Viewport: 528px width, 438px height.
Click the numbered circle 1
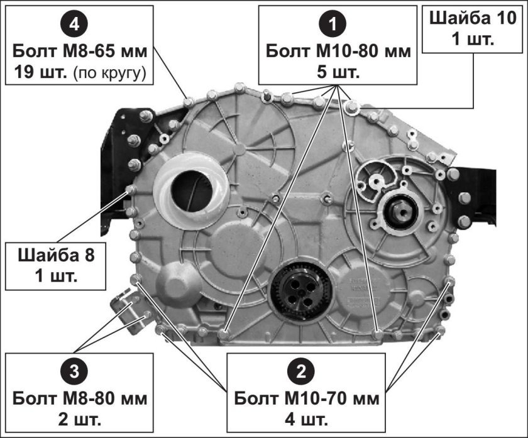click(333, 25)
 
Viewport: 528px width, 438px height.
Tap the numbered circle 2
click(301, 372)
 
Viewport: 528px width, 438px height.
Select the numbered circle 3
click(74, 372)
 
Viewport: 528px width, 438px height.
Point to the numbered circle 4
click(74, 25)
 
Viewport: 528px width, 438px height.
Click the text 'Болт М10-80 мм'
click(338, 52)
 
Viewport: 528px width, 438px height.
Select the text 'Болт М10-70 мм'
click(307, 398)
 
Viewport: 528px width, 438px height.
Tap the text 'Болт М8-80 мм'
click(80, 398)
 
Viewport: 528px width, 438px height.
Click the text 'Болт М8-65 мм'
click(80, 52)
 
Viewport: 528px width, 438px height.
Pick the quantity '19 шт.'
click(40, 72)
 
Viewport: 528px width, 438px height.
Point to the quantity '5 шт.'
click(338, 72)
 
